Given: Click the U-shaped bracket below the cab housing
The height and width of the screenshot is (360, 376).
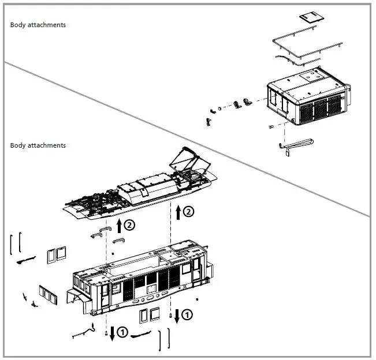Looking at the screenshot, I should point(297,144).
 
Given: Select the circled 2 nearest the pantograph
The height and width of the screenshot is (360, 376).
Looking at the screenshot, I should point(189,212).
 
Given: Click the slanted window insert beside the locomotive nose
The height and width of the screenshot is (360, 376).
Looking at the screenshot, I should point(47,295).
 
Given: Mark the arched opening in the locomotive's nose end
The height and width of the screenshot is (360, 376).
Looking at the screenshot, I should point(73,301).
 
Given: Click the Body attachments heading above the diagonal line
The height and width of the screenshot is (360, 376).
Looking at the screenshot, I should point(38,25).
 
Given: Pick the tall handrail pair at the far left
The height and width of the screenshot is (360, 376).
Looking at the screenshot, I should point(16,243).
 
